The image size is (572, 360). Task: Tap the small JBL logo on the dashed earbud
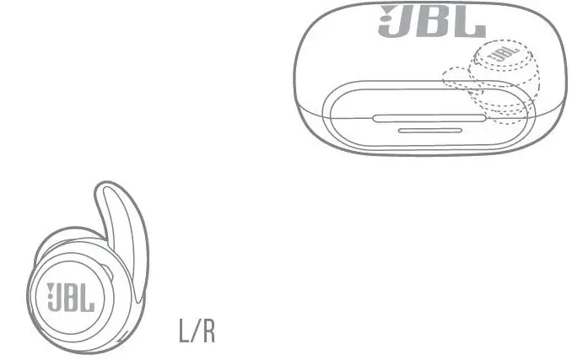[x=500, y=54]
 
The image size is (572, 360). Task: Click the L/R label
[x=197, y=330]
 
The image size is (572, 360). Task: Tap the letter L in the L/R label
[x=184, y=330]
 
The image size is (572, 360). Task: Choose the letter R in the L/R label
[x=208, y=330]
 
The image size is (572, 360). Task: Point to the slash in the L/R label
[x=196, y=330]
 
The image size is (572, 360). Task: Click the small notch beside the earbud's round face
[x=112, y=274]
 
